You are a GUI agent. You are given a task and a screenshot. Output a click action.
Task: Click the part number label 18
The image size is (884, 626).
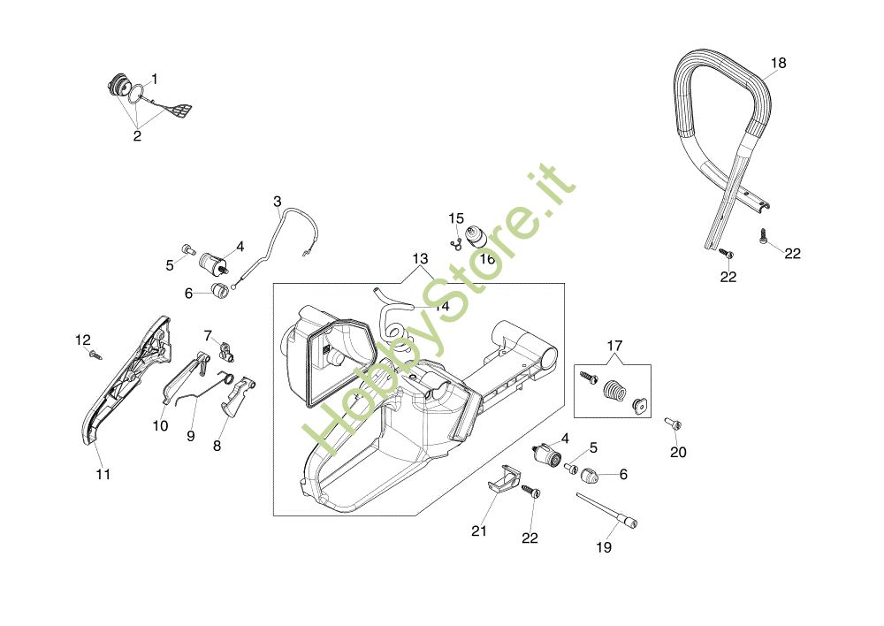778,64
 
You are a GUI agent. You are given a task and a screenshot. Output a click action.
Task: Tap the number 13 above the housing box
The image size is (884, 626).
419,259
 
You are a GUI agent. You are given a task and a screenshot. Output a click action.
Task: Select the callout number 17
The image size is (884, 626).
614,345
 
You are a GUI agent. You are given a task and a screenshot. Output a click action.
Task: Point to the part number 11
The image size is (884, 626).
103,475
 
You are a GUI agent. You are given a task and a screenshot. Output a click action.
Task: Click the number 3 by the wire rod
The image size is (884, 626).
277,202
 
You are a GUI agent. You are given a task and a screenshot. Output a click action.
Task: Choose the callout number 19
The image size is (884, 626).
604,547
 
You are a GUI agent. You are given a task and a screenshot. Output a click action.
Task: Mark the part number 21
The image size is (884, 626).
479,531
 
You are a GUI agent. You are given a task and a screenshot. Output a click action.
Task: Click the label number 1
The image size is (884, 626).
155,79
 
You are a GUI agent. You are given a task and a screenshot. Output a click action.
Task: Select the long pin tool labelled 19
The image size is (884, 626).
606,511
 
